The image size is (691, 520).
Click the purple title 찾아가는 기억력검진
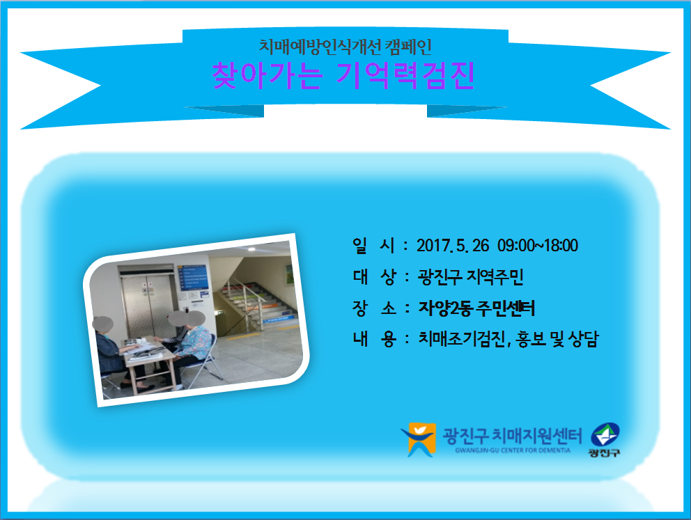pyautogui.click(x=343, y=75)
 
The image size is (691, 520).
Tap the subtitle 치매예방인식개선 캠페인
pyautogui.click(x=345, y=47)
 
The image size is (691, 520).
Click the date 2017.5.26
pyautogui.click(x=453, y=246)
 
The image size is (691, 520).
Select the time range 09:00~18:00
pyautogui.click(x=538, y=246)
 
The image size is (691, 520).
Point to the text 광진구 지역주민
pyautogui.click(x=470, y=277)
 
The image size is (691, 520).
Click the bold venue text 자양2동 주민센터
pyautogui.click(x=476, y=308)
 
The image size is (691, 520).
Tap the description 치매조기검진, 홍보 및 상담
pyautogui.click(x=508, y=339)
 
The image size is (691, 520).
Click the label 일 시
pyautogui.click(x=373, y=246)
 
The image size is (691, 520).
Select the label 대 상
pyautogui.click(x=373, y=277)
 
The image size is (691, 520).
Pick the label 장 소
pyautogui.click(x=373, y=308)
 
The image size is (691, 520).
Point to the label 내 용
pyautogui.click(x=373, y=339)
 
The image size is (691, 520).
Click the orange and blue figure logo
pyautogui.click(x=418, y=439)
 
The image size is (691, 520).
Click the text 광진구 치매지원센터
pyautogui.click(x=512, y=436)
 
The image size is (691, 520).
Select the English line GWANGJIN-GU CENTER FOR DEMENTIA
pyautogui.click(x=513, y=450)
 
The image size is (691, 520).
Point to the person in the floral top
pyautogui.click(x=193, y=346)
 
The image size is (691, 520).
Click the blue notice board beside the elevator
pyautogui.click(x=193, y=277)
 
